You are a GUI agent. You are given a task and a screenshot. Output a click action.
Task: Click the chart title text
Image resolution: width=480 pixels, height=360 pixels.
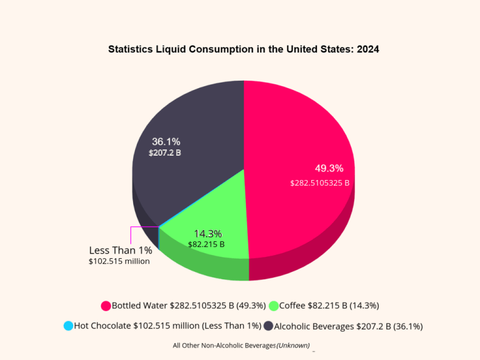pos(243,49)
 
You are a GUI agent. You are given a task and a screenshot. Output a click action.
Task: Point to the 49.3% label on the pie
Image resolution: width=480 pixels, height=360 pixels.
pos(329,168)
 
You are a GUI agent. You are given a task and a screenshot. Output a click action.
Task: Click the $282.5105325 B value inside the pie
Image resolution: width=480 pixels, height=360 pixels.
pos(319,183)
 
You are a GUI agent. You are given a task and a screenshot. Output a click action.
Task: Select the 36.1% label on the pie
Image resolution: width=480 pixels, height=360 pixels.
pos(166,141)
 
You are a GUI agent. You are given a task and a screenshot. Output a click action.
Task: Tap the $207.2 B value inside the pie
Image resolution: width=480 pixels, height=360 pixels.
pos(165,152)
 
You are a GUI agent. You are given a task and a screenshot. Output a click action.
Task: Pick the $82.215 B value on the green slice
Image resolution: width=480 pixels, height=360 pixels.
pos(206,244)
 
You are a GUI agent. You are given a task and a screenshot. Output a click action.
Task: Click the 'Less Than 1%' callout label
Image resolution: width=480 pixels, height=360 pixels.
pos(121,250)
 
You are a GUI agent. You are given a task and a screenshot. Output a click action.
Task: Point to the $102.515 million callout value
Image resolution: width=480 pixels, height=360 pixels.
pos(119,261)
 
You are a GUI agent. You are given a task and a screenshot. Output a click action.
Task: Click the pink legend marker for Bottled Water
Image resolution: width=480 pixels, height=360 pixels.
pos(106,306)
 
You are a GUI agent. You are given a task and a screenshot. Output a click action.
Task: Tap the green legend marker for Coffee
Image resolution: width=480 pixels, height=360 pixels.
pos(273,306)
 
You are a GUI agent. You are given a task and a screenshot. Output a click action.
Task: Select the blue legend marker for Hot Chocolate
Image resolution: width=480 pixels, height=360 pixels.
pos(68,326)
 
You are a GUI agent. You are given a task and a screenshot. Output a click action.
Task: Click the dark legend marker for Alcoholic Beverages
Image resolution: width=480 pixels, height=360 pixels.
pos(268,326)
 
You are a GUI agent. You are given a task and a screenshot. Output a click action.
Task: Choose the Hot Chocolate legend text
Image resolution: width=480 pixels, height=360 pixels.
pos(167,326)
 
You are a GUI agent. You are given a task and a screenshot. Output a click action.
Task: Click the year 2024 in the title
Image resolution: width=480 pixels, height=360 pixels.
pos(368,49)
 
